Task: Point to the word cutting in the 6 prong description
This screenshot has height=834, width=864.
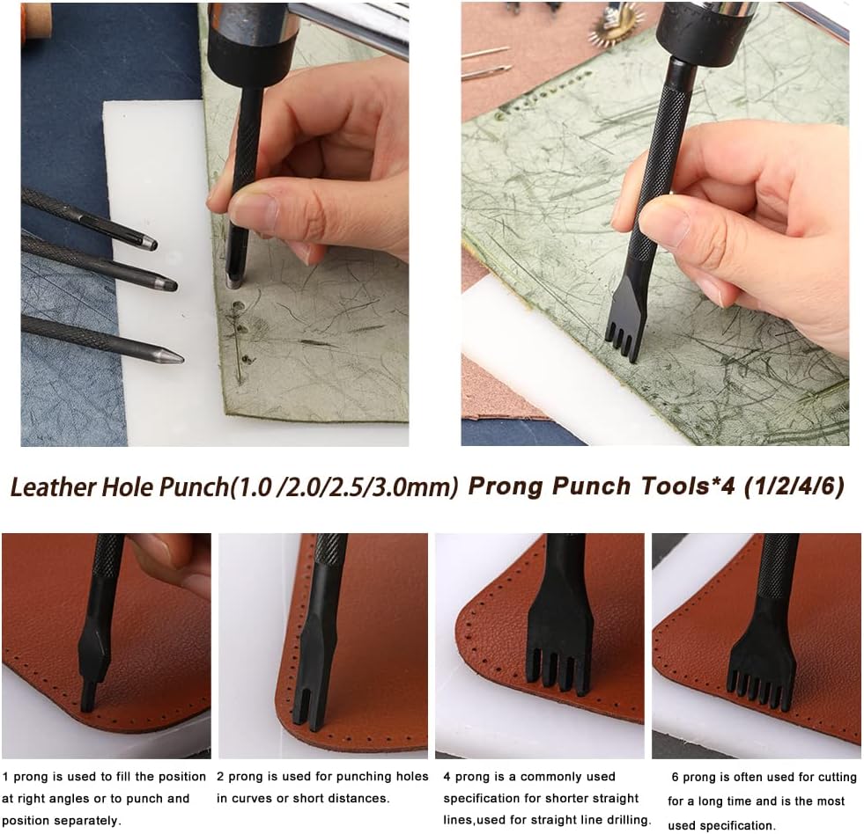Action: pos(837,777)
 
